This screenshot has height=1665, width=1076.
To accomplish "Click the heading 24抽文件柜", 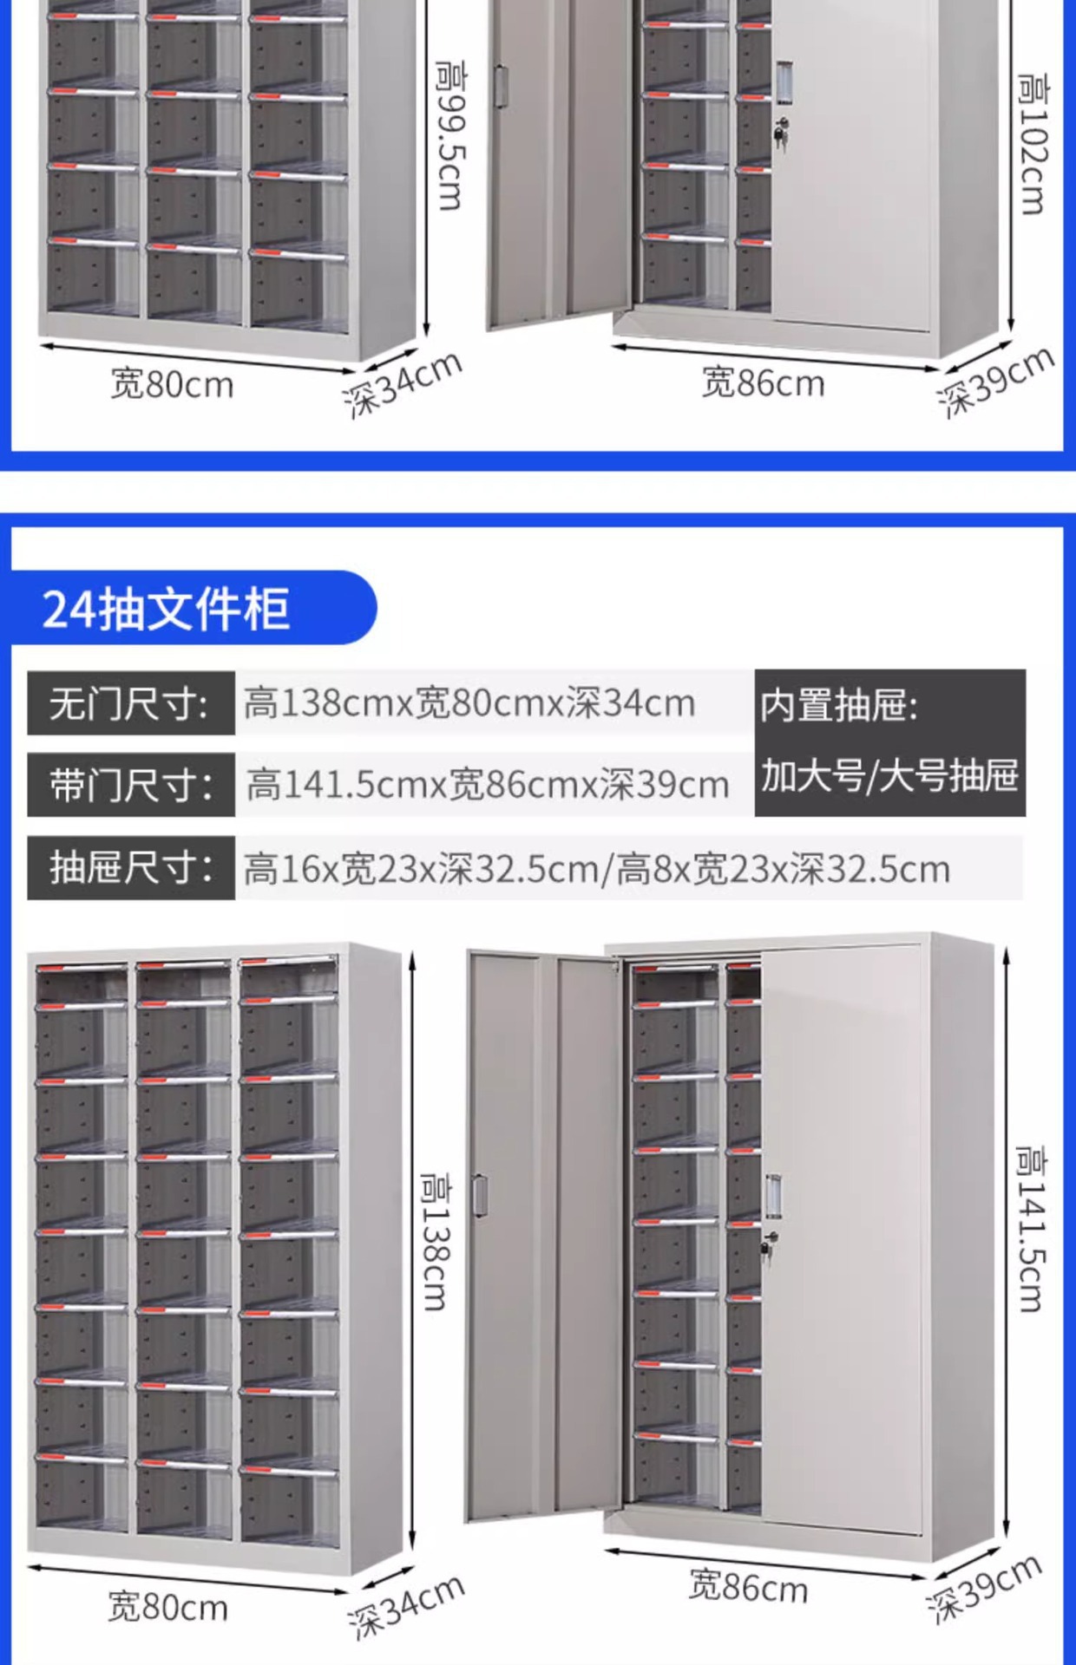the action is pos(166,608).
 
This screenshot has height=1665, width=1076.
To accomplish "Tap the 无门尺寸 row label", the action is pos(130,703).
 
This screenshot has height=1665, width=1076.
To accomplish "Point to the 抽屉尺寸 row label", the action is pos(130,867).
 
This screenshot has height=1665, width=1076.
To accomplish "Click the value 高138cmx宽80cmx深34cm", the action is pos(469,703).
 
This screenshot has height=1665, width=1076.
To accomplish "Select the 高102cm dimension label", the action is pos(1033,144).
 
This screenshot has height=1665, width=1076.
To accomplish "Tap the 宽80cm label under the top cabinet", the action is pos(172,384).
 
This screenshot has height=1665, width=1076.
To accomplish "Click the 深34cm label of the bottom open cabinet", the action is pos(405,1606).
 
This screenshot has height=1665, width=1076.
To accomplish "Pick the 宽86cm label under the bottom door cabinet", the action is pos(748,1587).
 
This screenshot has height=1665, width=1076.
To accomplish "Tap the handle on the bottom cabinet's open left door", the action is pos(479,1195).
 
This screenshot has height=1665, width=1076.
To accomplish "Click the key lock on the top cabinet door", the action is pos(780,131).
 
